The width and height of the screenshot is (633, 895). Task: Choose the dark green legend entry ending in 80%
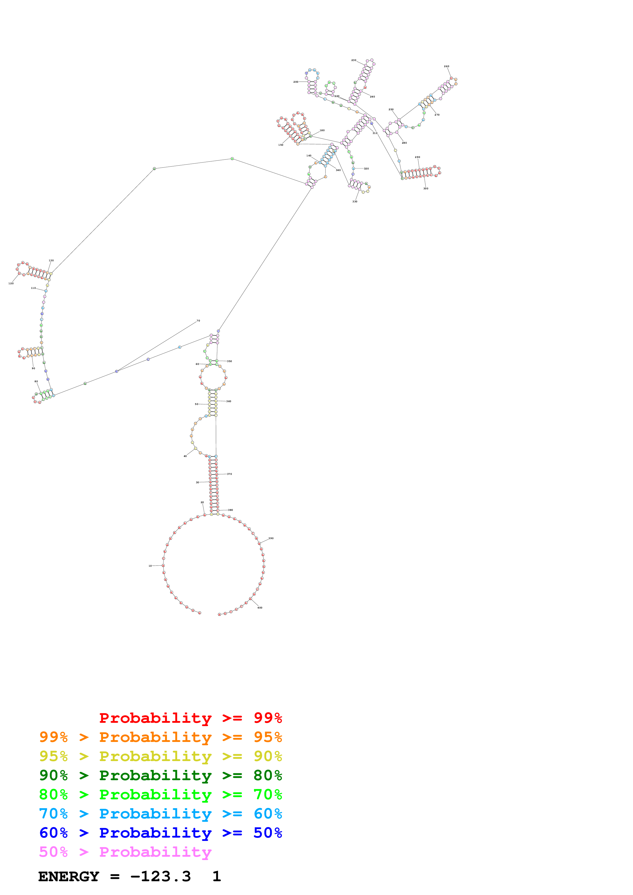pyautogui.click(x=160, y=775)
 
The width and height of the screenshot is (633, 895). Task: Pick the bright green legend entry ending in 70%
pyautogui.click(x=160, y=794)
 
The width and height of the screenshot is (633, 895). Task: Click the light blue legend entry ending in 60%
pyautogui.click(x=160, y=814)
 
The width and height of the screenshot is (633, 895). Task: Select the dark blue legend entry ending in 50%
pyautogui.click(x=160, y=833)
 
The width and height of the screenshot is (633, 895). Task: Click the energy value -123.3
pyautogui.click(x=161, y=876)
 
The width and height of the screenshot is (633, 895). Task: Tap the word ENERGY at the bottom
pyautogui.click(x=69, y=876)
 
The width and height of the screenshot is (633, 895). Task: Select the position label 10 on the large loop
pyautogui.click(x=150, y=566)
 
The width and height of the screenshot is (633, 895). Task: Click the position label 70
pyautogui.click(x=198, y=321)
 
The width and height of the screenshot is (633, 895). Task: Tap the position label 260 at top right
pyautogui.click(x=447, y=66)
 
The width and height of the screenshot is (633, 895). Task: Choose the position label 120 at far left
pyautogui.click(x=11, y=283)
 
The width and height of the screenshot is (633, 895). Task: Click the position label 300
pyautogui.click(x=426, y=189)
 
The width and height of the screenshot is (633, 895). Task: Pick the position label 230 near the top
pyautogui.click(x=354, y=60)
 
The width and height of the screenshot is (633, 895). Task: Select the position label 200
pyautogui.click(x=296, y=82)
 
